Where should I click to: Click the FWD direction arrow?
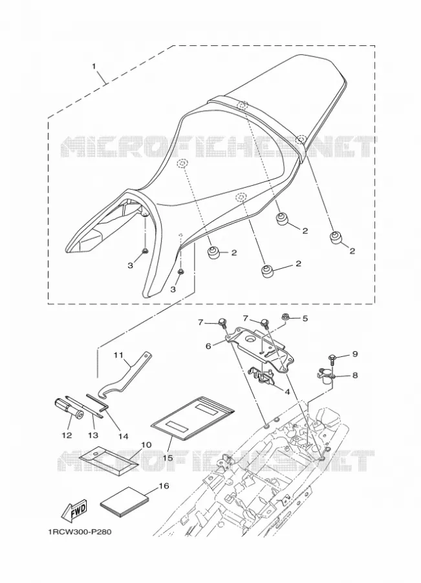[x=74, y=509]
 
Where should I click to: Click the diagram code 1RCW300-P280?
[x=80, y=532]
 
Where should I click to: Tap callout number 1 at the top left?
[x=94, y=66]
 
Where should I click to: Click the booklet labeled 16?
[x=124, y=502]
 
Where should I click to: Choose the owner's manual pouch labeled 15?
[x=193, y=418]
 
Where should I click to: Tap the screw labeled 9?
[x=332, y=360]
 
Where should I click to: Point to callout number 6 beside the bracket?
[x=208, y=346]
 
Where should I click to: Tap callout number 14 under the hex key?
[x=123, y=436]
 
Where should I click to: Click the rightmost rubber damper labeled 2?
[x=336, y=238]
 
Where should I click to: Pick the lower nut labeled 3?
[x=181, y=272]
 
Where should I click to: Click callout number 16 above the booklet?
[x=164, y=486]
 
